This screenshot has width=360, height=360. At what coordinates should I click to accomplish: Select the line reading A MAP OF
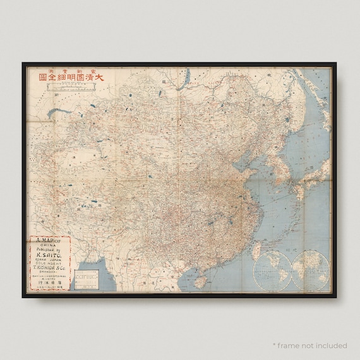click(x=50, y=241)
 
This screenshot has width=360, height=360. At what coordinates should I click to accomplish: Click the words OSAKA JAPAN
click(x=50, y=262)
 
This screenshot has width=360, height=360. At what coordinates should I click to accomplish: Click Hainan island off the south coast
click(x=199, y=279)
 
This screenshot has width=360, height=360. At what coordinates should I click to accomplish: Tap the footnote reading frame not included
click(x=309, y=345)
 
